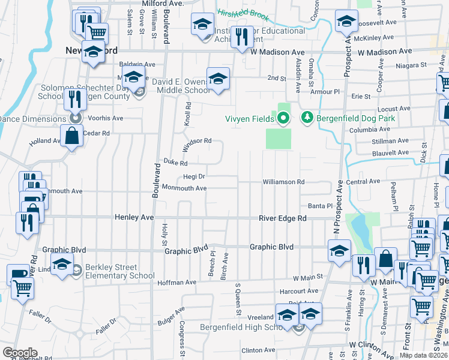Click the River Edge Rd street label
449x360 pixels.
[283, 218]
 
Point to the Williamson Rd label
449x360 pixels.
[284, 182]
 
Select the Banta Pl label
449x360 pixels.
[320, 206]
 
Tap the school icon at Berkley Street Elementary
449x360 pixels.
[62, 264]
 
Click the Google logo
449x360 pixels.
[20, 352]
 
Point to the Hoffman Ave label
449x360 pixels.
[177, 282]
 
